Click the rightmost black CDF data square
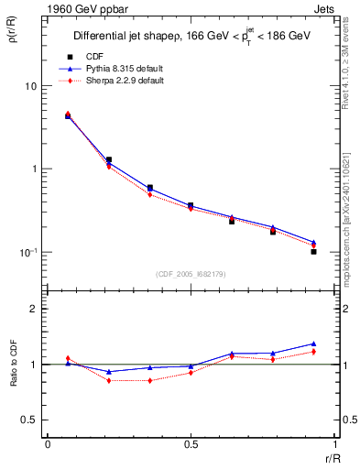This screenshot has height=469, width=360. pos(313,251)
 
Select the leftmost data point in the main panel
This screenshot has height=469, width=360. pos(68,115)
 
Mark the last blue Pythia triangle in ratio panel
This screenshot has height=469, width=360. pos(313,344)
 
